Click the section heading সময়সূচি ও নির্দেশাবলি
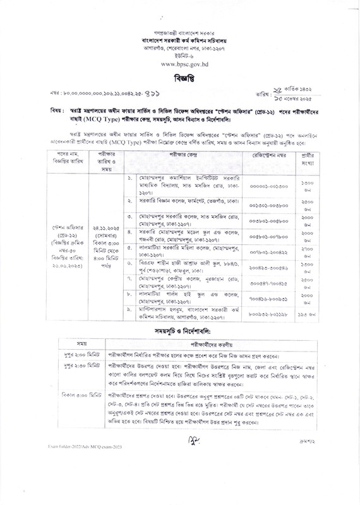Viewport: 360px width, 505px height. [180, 331]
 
